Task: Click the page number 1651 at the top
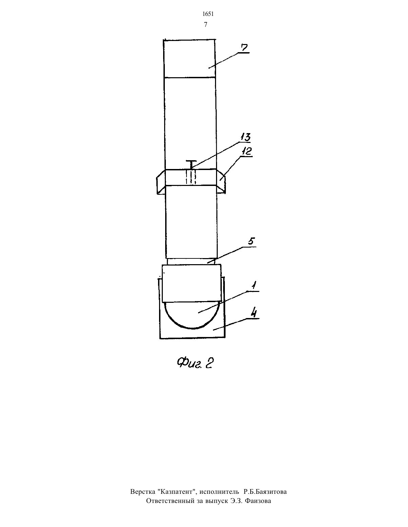(x=208, y=14)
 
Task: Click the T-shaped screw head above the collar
(x=191, y=164)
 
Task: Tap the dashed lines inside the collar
(x=191, y=177)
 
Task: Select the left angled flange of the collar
(x=161, y=182)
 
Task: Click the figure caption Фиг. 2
(x=195, y=363)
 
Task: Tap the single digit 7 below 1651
(x=206, y=25)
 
